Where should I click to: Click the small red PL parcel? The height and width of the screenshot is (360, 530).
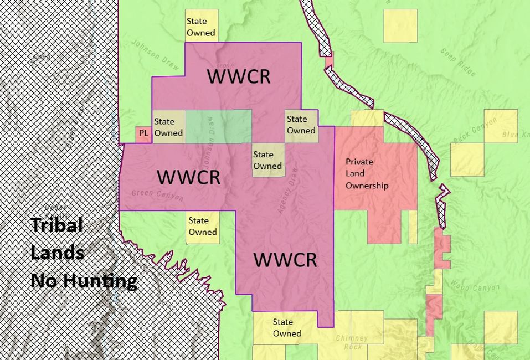(143, 134)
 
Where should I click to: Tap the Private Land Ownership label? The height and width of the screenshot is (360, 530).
(367, 174)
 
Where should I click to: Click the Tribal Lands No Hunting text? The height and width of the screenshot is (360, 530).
(83, 253)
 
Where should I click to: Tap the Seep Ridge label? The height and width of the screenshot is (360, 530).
(459, 61)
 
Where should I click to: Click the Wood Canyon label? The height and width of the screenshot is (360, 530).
(475, 287)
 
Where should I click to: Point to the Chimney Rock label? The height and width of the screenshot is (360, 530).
(352, 342)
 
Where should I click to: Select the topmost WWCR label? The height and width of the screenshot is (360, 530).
(239, 76)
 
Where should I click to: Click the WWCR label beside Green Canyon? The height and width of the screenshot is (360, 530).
(188, 177)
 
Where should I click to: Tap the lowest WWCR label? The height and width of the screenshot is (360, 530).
(285, 260)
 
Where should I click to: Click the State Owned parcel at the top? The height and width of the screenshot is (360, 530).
(201, 26)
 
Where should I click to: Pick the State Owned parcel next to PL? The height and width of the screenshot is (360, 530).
(168, 127)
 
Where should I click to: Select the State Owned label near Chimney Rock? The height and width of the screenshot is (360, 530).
(287, 328)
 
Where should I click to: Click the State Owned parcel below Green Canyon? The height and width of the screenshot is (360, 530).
(203, 227)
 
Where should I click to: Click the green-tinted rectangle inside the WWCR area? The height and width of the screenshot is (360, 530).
(218, 127)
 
